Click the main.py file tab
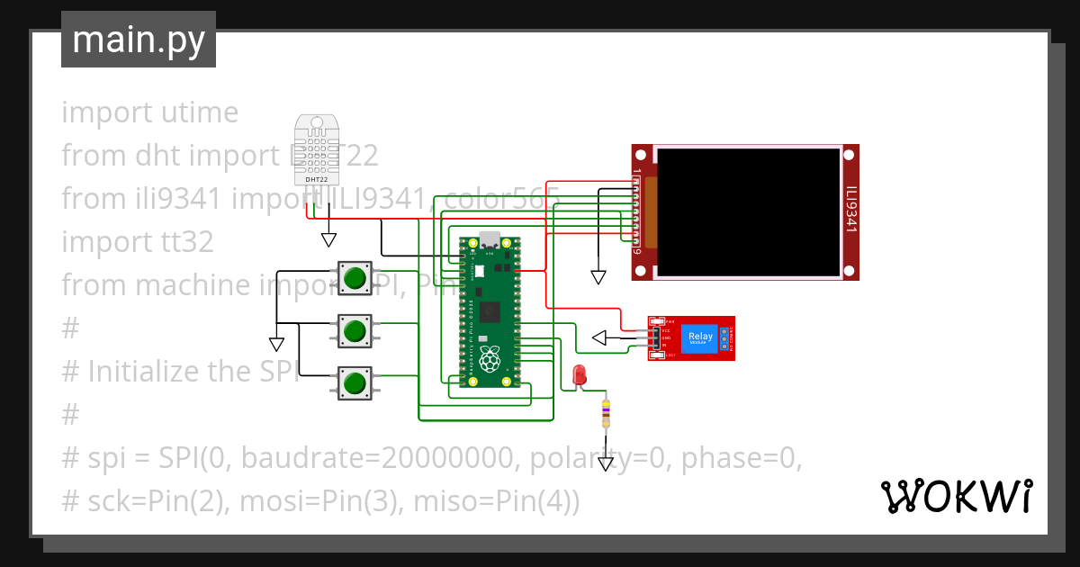point(138,40)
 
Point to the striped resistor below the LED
point(606,413)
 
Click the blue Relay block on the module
point(700,337)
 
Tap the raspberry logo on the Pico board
point(489,359)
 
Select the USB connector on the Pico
point(490,240)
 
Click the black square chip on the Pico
point(490,311)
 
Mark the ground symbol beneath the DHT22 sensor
point(329,239)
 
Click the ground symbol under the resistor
point(606,464)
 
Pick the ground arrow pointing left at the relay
point(599,338)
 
